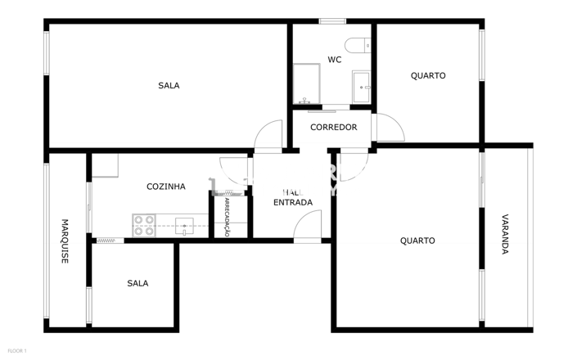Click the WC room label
click(335, 60)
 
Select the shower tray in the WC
click(307, 83)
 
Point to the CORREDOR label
click(334, 128)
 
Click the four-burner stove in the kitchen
click(144, 225)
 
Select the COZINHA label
click(165, 187)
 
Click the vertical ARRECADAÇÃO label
click(228, 217)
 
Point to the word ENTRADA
click(292, 202)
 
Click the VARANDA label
click(505, 235)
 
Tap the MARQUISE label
click(65, 241)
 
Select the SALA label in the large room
click(169, 86)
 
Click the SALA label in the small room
click(137, 284)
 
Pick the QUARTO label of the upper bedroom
click(428, 76)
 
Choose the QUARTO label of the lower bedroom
click(417, 241)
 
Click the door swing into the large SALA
click(268, 134)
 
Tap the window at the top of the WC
click(332, 20)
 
